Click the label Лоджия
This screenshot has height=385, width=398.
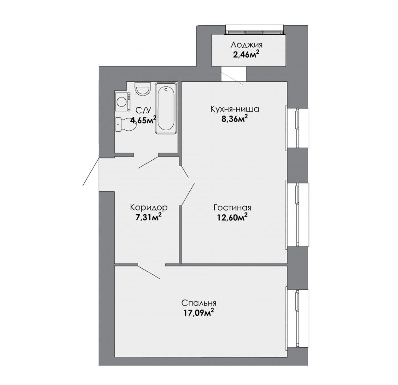coord(246,45)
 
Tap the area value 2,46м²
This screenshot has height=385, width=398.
coord(246,54)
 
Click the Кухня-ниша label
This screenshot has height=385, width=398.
coord(235,109)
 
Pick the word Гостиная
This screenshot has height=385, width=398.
coord(232,208)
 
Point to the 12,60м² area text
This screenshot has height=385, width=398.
coord(232,217)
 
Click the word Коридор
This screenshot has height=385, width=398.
coord(149,208)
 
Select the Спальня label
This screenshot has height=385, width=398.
coord(199,303)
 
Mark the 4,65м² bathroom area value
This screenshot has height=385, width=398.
coord(143,119)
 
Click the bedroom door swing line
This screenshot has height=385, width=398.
coord(149,272)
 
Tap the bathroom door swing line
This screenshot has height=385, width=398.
coord(148,162)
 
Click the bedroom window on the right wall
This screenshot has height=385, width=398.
coord(298,318)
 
